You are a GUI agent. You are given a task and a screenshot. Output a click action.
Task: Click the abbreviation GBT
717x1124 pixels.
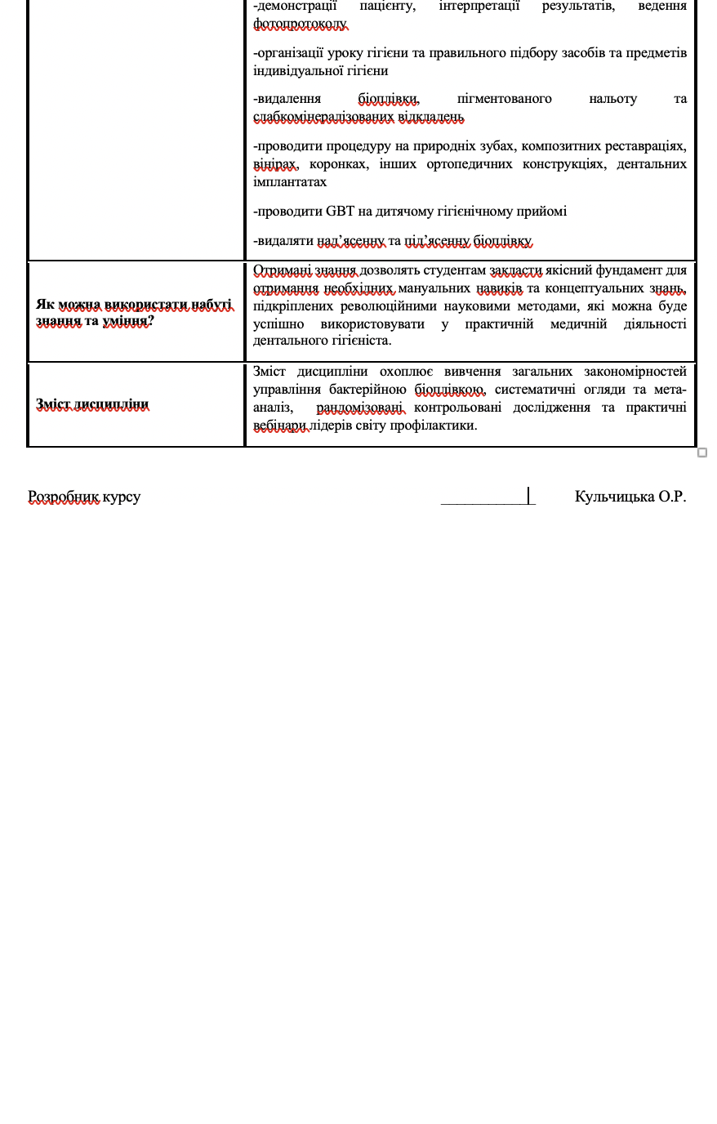click(340, 211)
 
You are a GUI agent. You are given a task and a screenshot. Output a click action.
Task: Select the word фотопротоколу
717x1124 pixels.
click(300, 25)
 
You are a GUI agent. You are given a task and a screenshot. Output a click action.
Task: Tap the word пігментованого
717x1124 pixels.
click(504, 98)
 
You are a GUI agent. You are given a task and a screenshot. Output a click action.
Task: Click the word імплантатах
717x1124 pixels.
click(290, 181)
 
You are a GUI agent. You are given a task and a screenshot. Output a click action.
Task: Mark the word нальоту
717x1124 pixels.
click(612, 98)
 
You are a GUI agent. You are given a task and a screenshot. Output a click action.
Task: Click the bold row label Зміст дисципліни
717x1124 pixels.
click(92, 404)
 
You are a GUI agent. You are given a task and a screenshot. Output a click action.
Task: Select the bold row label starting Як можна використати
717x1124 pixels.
click(134, 313)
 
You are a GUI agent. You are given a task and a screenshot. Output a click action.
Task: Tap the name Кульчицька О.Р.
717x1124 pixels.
click(630, 496)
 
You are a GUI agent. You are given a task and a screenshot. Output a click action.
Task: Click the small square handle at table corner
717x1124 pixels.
click(702, 453)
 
